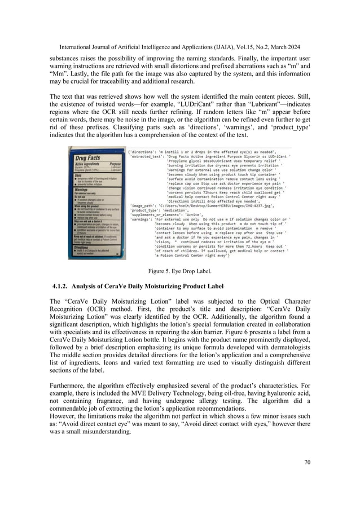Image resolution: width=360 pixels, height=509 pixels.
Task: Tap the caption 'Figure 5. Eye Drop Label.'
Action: tap(179, 271)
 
